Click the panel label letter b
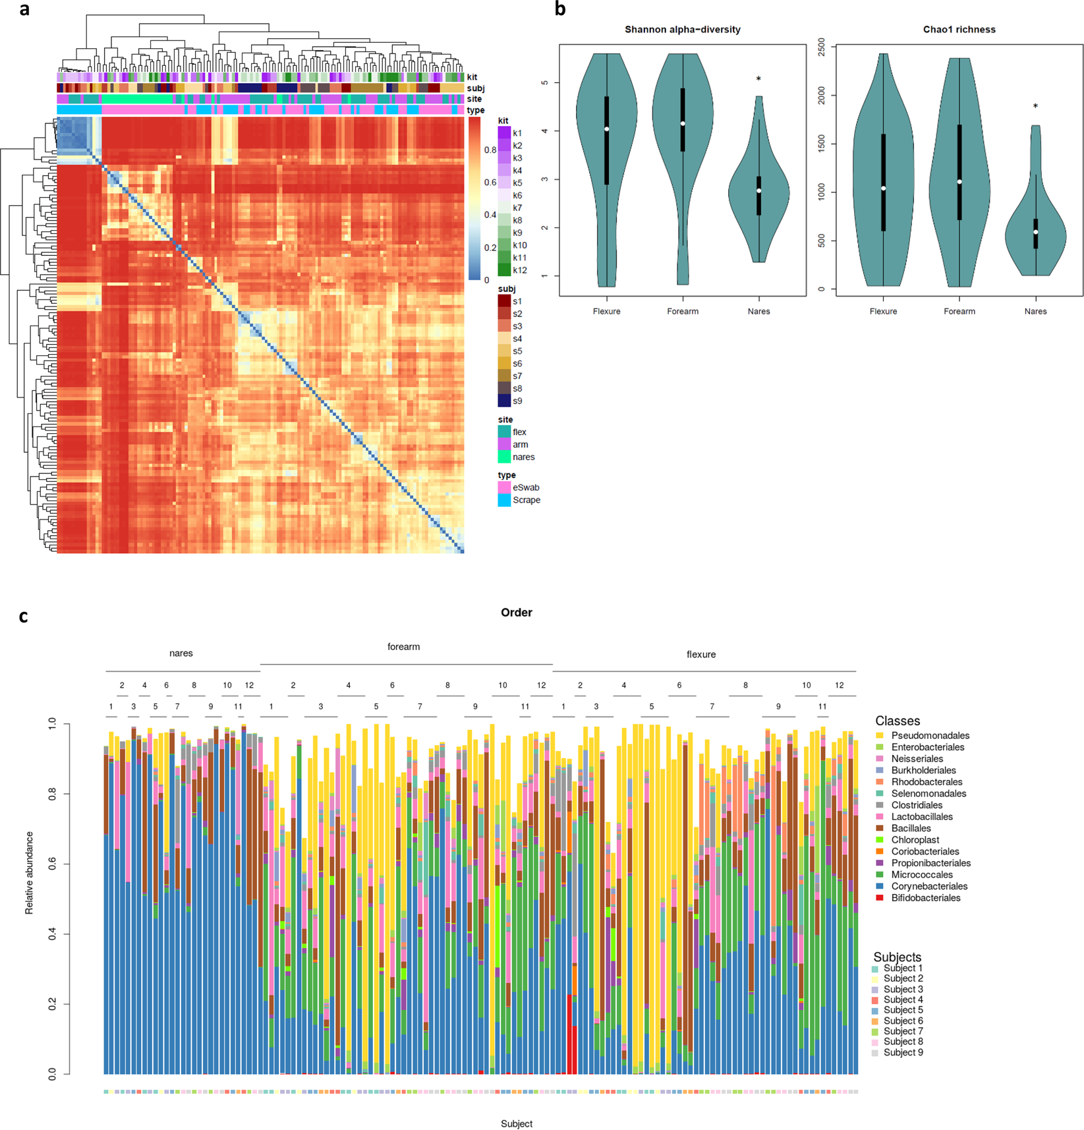point(560,9)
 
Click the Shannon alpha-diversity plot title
point(682,30)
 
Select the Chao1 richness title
point(959,30)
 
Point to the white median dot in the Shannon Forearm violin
point(683,123)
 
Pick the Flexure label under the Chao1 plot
point(883,311)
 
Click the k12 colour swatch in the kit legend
point(504,270)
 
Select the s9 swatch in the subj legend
point(504,401)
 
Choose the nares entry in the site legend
point(523,457)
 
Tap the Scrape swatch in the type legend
point(504,500)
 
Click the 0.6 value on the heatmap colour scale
point(490,183)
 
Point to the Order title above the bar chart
point(516,612)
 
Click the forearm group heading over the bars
point(403,647)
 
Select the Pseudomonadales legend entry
point(930,736)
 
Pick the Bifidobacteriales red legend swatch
point(880,899)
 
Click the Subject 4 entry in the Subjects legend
point(903,999)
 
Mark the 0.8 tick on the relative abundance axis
point(52,794)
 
